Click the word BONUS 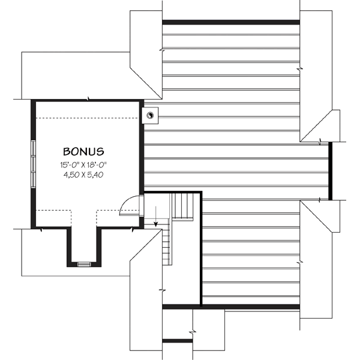[84, 152]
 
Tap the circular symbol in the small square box [151, 114]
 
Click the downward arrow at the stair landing [156, 217]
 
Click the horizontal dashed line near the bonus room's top [88, 118]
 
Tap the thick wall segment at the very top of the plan [230, 22]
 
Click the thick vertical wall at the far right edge [329, 171]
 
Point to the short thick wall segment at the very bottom [178, 341]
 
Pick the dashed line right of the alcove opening [114, 211]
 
